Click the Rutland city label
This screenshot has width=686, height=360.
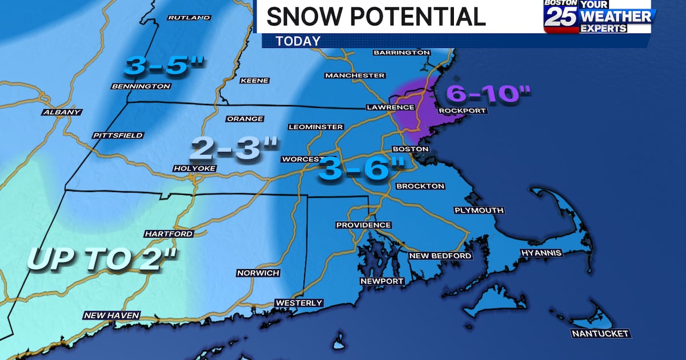(x=189, y=18)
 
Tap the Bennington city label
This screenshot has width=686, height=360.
(x=141, y=86)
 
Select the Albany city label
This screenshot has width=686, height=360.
(x=61, y=112)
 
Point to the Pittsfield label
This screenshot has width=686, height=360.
(x=118, y=135)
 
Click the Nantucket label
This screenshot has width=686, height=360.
(x=600, y=333)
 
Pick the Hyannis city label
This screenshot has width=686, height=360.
(x=541, y=253)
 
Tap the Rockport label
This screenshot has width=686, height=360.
(x=462, y=110)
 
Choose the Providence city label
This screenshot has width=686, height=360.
(x=364, y=225)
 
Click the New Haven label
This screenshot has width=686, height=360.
(x=111, y=315)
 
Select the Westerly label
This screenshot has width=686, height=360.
(x=299, y=303)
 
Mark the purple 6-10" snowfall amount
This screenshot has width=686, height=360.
(x=489, y=93)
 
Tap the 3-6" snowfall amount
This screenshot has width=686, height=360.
(x=361, y=170)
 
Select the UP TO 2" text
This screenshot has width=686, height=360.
(x=103, y=259)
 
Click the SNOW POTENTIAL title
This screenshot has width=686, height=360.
(x=376, y=17)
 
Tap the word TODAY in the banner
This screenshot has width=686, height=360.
(x=298, y=41)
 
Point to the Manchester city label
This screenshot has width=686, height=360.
(x=354, y=75)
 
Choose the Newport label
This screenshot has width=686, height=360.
(x=382, y=281)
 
